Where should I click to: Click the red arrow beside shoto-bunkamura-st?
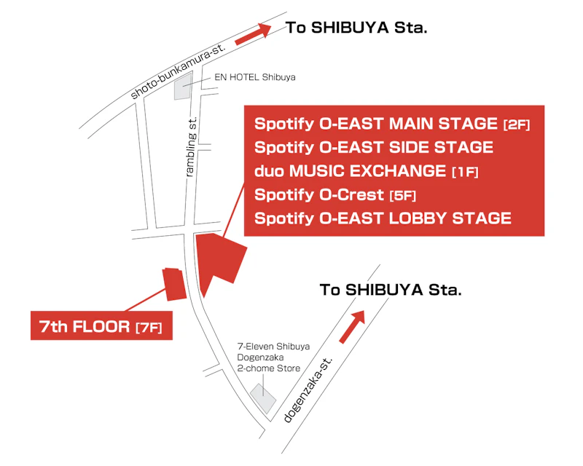[x=253, y=34]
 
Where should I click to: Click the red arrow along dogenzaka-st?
[x=352, y=327]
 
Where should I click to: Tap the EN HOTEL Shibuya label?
[x=254, y=77]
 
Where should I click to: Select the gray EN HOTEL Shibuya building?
[x=184, y=86]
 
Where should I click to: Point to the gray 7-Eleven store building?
[x=263, y=398]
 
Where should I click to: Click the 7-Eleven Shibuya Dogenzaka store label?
[x=273, y=357]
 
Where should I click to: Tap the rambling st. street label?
[x=191, y=146]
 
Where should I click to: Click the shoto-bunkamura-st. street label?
[x=178, y=71]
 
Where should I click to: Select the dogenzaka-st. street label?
[x=308, y=390]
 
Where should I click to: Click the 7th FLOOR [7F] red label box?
[x=101, y=325]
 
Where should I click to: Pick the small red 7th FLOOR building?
[x=174, y=284]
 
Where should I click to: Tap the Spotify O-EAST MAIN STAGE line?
[x=392, y=124]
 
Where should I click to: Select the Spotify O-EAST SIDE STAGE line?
[x=374, y=147]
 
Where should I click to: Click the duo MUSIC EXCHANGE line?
[x=367, y=171]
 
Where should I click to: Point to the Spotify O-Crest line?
[x=335, y=194]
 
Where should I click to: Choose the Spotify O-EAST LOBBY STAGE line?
[x=383, y=218]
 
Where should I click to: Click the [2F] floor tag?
[x=517, y=125]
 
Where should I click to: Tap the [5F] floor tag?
[x=403, y=196]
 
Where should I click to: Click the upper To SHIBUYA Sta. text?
[x=356, y=28]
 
